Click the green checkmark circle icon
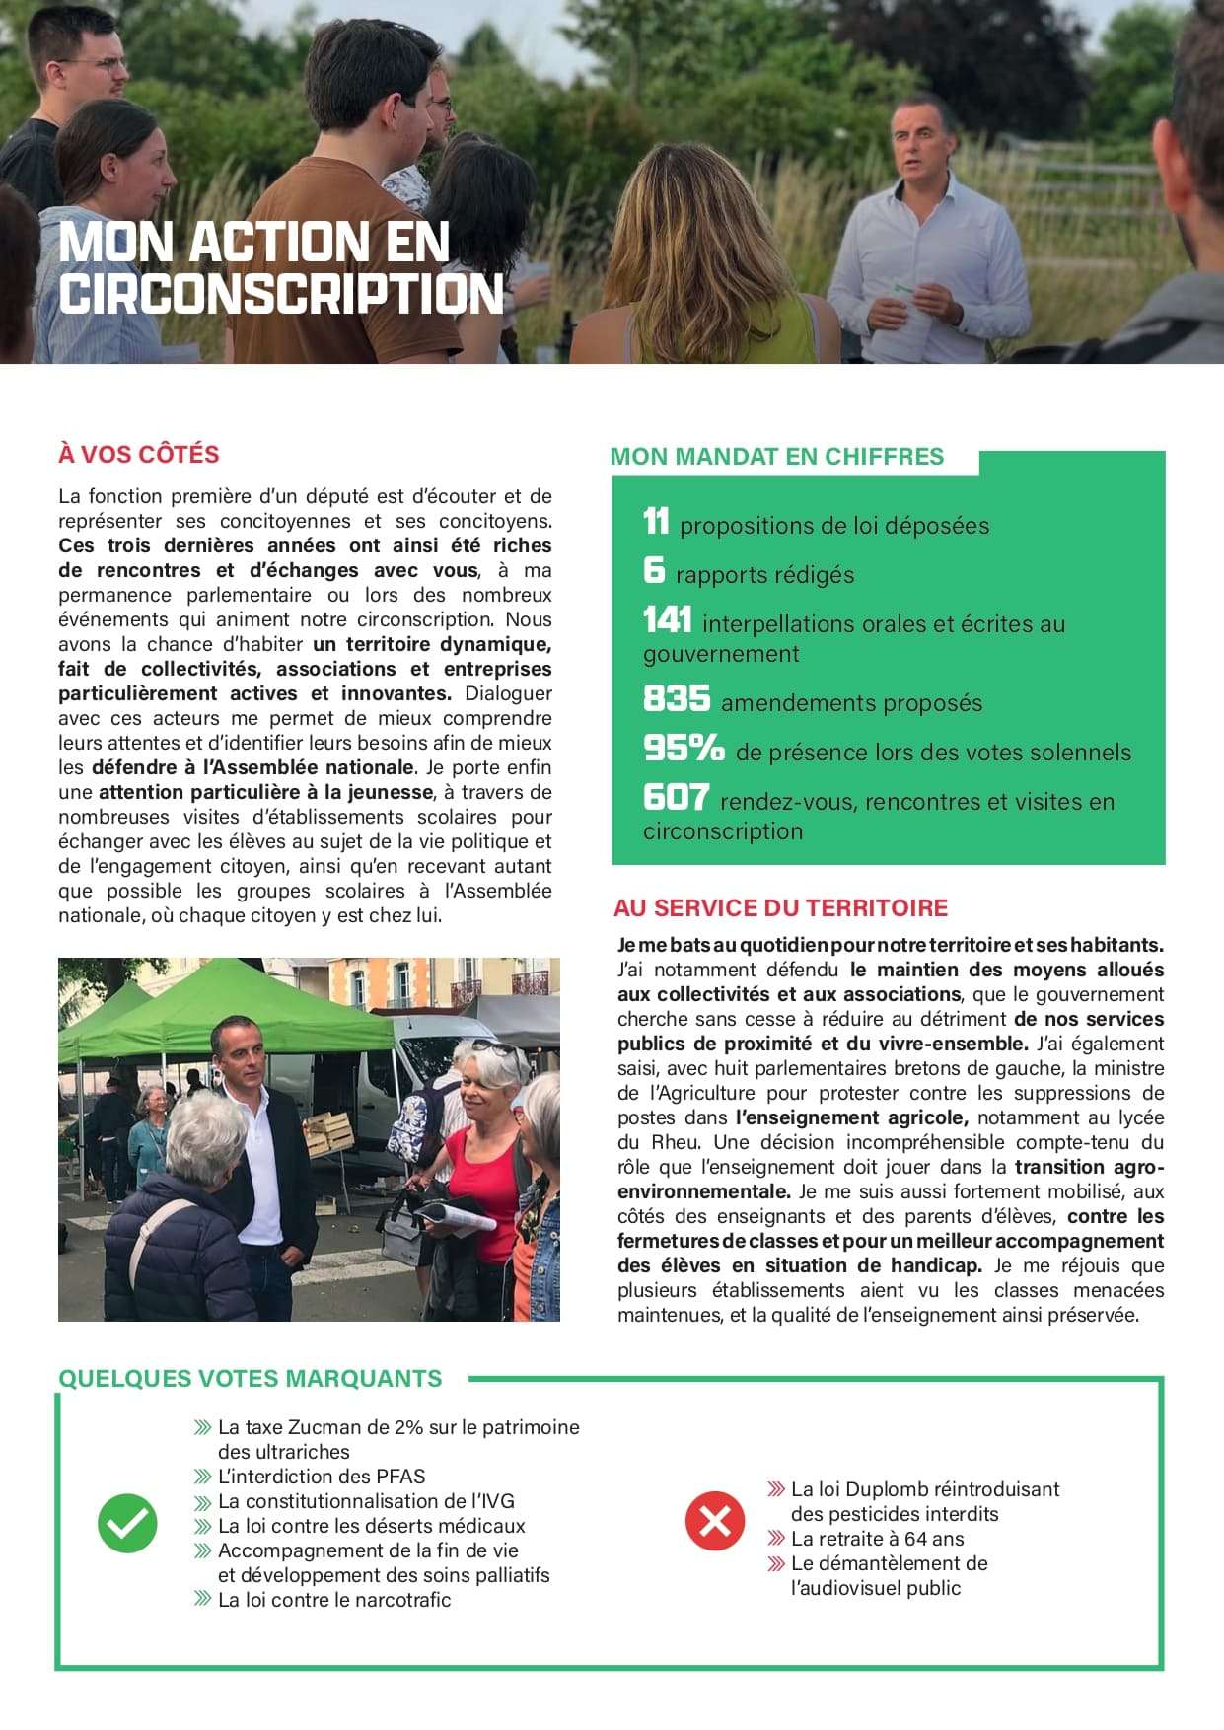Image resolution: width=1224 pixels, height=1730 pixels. [x=127, y=1523]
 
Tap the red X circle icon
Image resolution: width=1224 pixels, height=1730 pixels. [x=714, y=1520]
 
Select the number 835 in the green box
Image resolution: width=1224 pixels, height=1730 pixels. [x=677, y=699]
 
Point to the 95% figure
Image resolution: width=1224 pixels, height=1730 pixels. [x=684, y=749]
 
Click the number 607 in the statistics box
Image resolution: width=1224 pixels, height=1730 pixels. [x=676, y=798]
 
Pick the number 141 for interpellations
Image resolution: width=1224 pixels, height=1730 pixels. [x=667, y=620]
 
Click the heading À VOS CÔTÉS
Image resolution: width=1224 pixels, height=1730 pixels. [x=139, y=454]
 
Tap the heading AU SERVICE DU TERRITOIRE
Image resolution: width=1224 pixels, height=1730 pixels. [x=780, y=907]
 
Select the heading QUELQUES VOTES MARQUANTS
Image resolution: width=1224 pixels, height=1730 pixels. [x=251, y=1378]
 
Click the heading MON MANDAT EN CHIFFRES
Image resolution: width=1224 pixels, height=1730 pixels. [x=777, y=456]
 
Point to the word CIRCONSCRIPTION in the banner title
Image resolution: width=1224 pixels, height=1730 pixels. [x=281, y=294]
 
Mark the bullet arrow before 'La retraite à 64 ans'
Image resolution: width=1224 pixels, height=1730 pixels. [x=776, y=1539]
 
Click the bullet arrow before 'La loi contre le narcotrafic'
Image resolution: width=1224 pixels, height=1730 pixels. [x=203, y=1600]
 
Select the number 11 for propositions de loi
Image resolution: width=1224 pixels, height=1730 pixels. [x=656, y=522]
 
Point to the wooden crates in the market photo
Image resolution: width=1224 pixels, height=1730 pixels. [x=328, y=1134]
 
